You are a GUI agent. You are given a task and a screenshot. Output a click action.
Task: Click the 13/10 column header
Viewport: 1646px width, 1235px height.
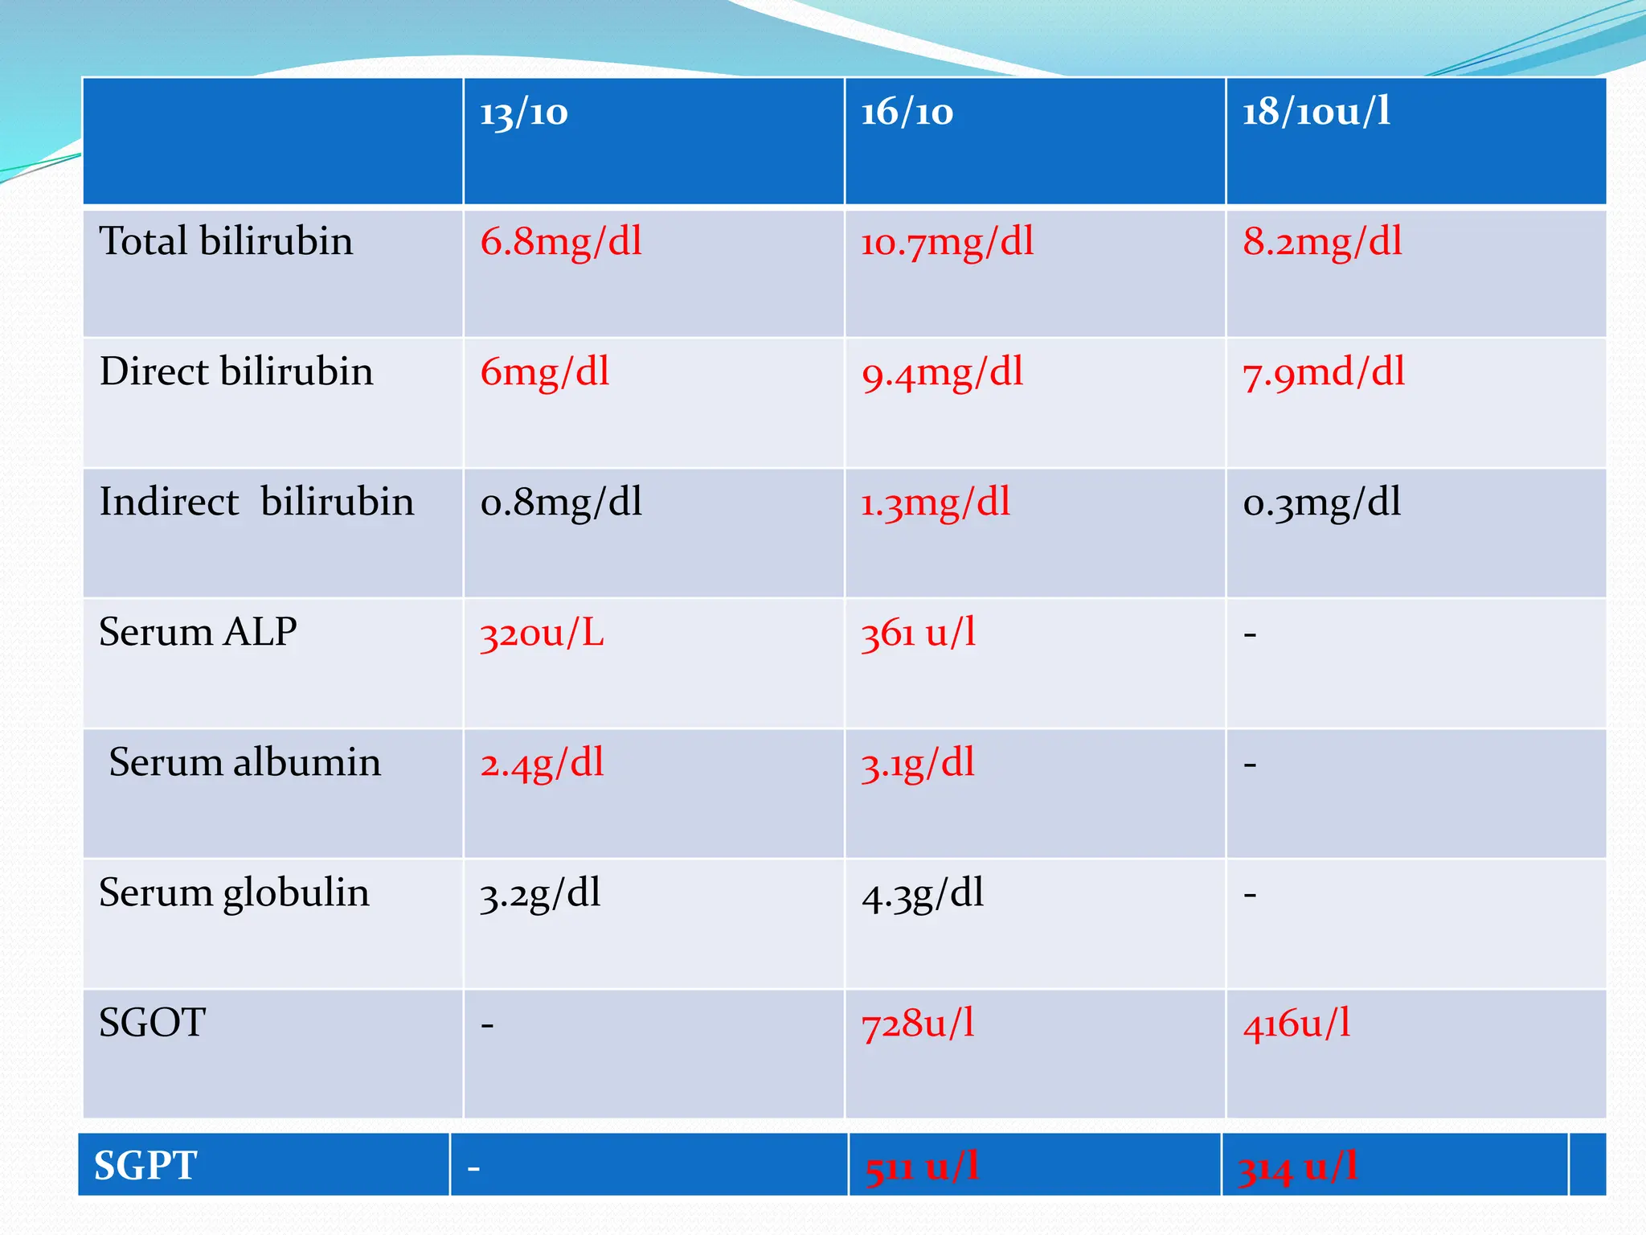[524, 113]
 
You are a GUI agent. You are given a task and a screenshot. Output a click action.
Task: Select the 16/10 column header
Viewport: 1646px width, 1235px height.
[907, 113]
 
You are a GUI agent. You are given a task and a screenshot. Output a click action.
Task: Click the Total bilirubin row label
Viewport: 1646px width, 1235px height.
[226, 241]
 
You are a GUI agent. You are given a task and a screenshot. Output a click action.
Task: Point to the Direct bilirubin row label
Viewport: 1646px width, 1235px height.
[236, 371]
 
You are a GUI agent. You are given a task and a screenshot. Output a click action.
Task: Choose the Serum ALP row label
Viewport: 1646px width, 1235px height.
[198, 632]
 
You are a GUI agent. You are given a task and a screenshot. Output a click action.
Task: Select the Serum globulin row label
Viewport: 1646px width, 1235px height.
[234, 892]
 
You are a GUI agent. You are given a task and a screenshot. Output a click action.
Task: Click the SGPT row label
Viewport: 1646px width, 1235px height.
[145, 1165]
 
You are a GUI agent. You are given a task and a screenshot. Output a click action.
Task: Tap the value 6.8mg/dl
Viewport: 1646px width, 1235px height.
[561, 242]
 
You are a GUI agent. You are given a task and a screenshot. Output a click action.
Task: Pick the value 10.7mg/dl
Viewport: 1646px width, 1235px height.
[947, 242]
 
